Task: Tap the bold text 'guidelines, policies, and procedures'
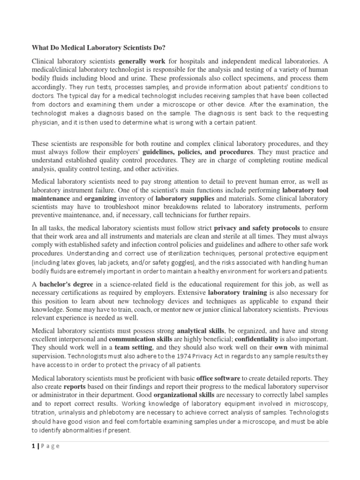point(198,152)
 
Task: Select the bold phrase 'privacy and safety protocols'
point(257,228)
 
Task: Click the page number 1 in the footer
point(33,446)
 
